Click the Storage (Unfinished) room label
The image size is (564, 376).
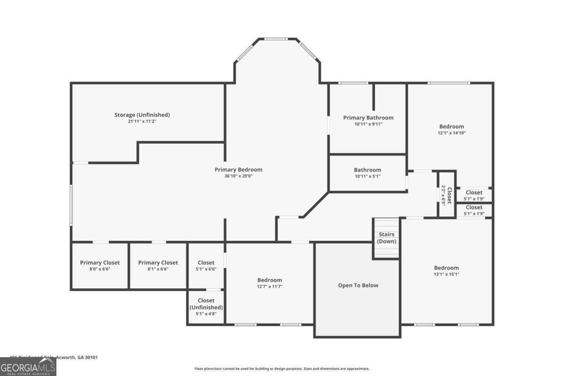pos(142,115)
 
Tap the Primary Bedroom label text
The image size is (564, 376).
pos(238,170)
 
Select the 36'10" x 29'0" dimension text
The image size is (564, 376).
pos(238,176)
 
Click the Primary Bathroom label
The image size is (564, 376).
pos(368,117)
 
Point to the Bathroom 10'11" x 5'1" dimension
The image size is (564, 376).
pos(367,176)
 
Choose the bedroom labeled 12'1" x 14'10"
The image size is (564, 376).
pos(451,129)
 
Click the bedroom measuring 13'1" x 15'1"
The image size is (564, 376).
pos(446,271)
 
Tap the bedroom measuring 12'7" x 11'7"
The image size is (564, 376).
pos(269,283)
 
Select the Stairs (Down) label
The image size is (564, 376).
pos(386,238)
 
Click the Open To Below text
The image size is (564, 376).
pos(358,285)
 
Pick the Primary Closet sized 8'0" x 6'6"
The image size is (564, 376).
pos(100,266)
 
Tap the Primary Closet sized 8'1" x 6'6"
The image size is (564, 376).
pos(158,266)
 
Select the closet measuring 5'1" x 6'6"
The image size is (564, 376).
pos(206,266)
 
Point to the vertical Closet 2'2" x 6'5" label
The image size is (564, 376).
pos(446,195)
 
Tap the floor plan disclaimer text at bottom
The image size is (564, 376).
pos(282,369)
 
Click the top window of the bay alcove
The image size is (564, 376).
pos(277,39)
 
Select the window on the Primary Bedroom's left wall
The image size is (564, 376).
pos(71,204)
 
